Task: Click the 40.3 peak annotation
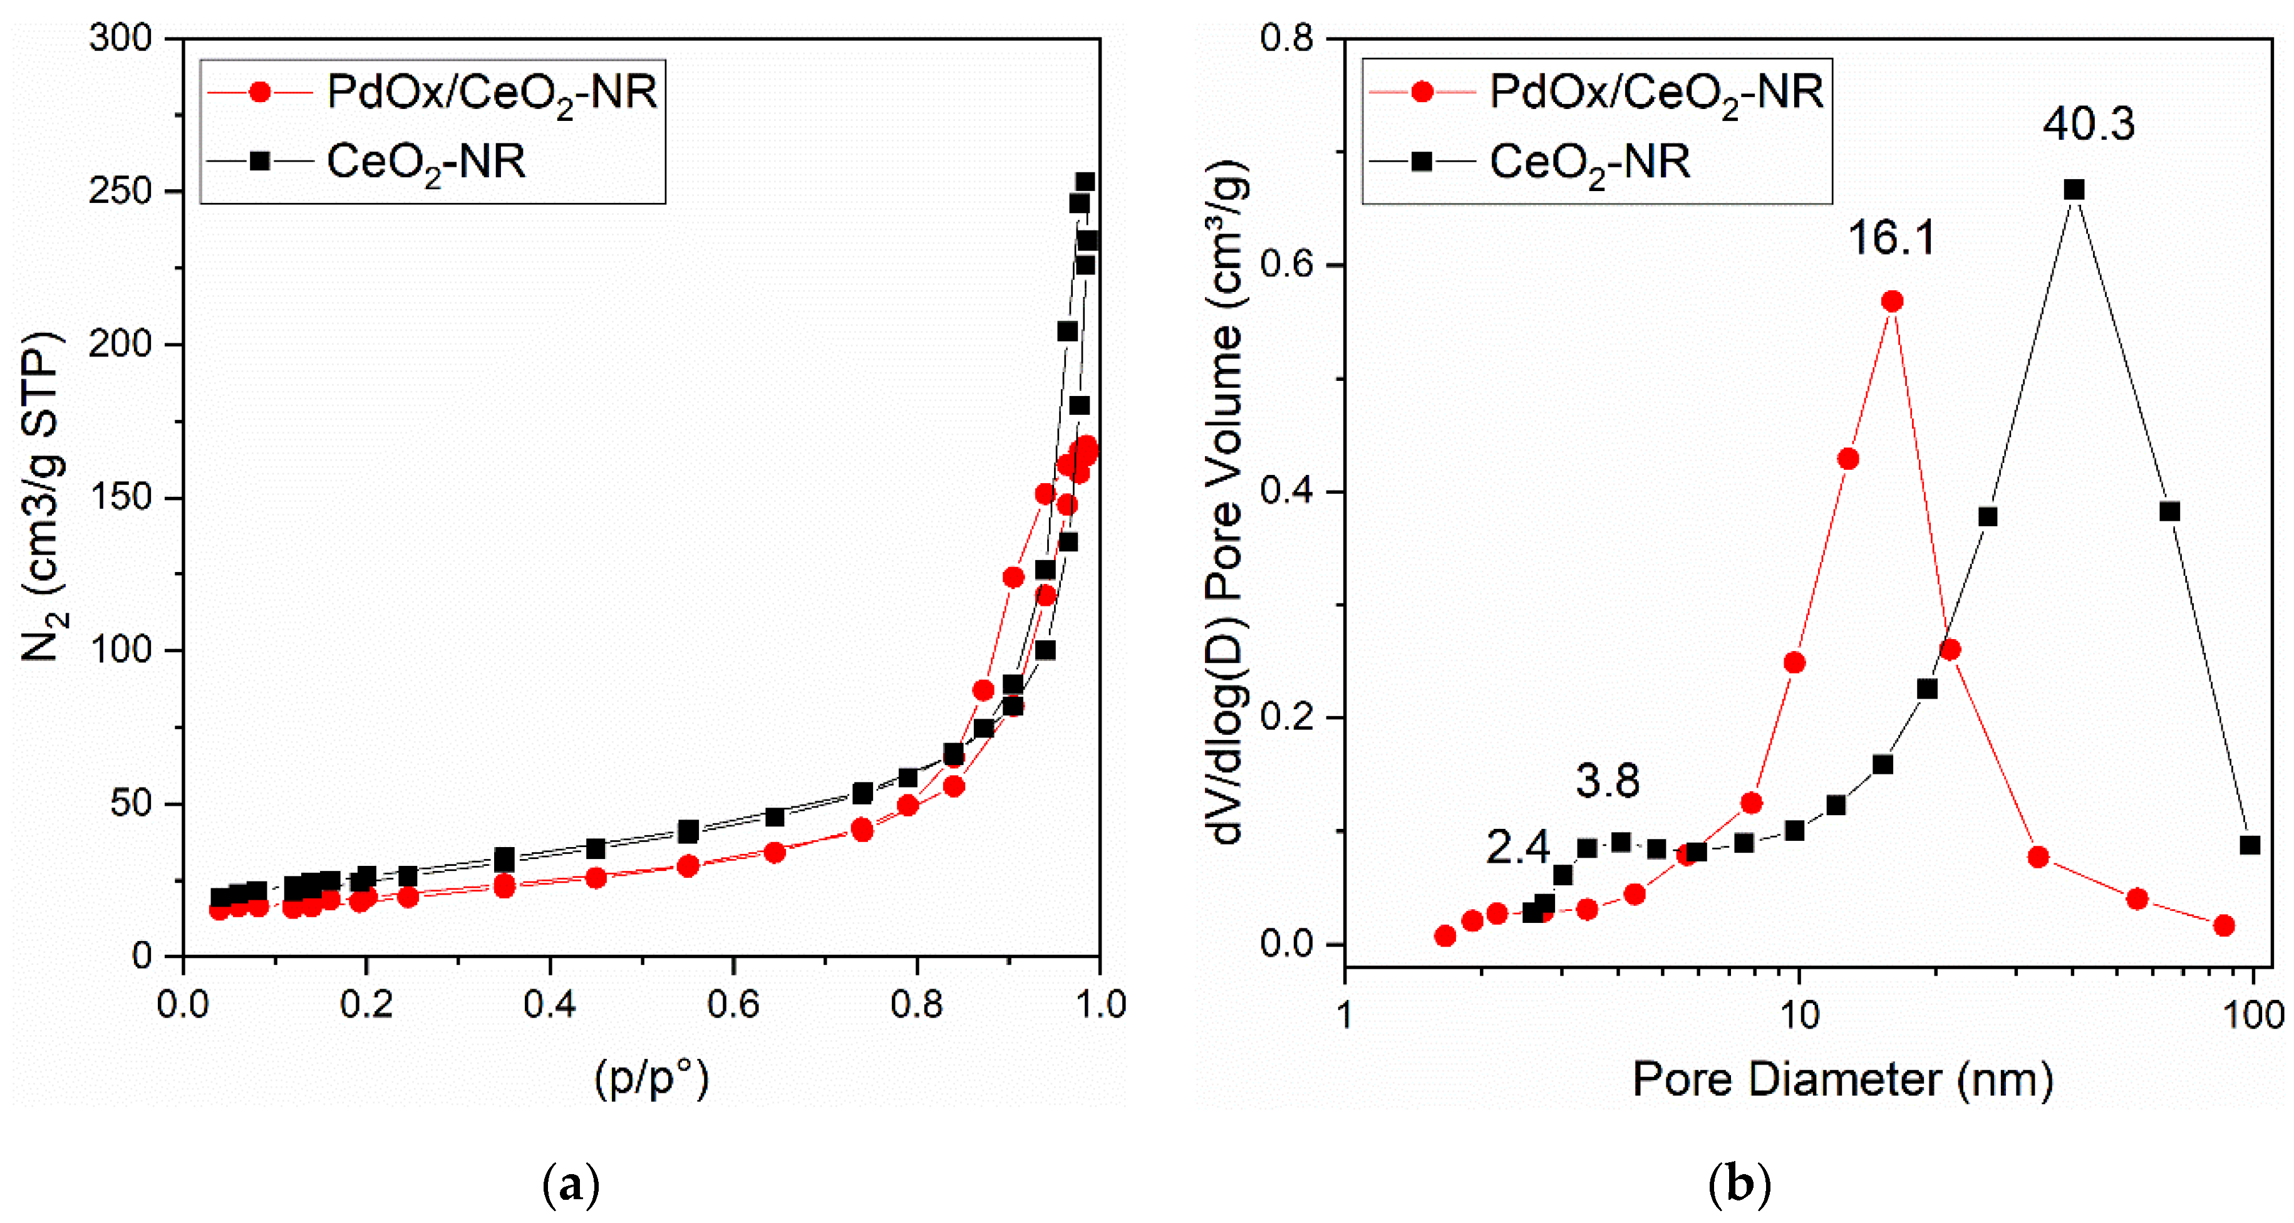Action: (x=2089, y=124)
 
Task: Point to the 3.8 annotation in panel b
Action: (x=1608, y=781)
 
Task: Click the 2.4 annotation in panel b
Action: (x=1517, y=847)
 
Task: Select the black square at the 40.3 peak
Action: (x=2074, y=190)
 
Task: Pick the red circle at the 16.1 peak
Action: (x=1893, y=302)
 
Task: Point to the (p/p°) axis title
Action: (x=651, y=1079)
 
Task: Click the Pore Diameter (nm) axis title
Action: (x=1842, y=1080)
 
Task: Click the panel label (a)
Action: (x=571, y=1185)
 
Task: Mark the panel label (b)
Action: (x=1739, y=1185)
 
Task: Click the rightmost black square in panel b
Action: (x=2250, y=845)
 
